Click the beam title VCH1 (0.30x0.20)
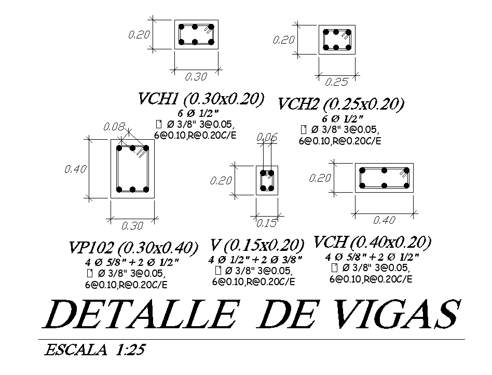201,99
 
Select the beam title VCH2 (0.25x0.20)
340,104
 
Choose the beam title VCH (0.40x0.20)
372,242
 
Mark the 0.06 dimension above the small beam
267,137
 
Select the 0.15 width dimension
267,223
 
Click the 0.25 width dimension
336,82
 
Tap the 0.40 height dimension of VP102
75,169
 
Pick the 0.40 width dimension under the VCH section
384,220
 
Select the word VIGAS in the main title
393,314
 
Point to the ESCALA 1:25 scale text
95,349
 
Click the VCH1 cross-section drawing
196,34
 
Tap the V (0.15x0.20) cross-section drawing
267,180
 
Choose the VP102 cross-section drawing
132,168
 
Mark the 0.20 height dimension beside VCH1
139,34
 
